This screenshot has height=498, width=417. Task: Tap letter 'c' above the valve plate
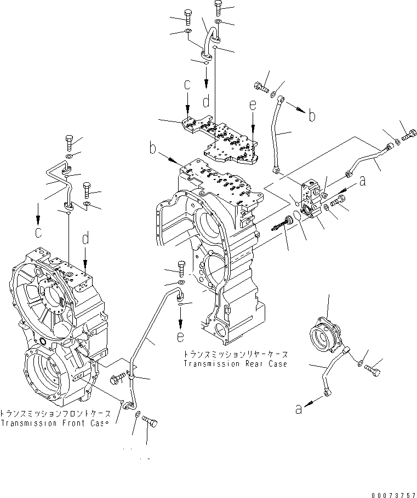pyautogui.click(x=187, y=85)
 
